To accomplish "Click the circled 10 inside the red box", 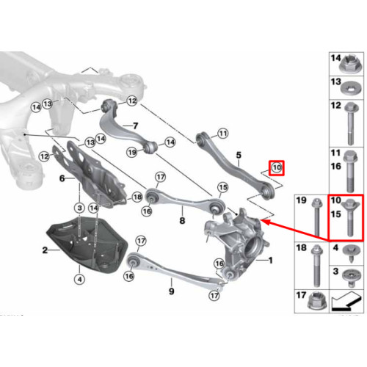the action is pyautogui.click(x=277, y=168).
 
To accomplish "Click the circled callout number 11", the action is pyautogui.click(x=222, y=134).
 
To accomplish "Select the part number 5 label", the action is pyautogui.click(x=239, y=155).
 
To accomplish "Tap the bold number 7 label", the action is pyautogui.click(x=135, y=126).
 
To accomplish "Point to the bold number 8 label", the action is pyautogui.click(x=182, y=220).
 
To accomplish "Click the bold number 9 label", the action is pyautogui.click(x=172, y=291).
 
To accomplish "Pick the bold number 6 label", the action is pyautogui.click(x=62, y=178).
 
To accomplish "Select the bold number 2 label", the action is pyautogui.click(x=45, y=250).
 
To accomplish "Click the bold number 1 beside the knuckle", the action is pyautogui.click(x=270, y=261).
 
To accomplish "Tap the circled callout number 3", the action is pyautogui.click(x=80, y=208).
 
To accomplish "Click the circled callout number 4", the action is pyautogui.click(x=80, y=279).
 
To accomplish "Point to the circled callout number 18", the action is pyautogui.click(x=137, y=197).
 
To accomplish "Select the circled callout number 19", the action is pyautogui.click(x=132, y=153).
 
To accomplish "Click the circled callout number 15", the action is pyautogui.click(x=222, y=188).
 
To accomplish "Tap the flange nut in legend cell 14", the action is pyautogui.click(x=349, y=65).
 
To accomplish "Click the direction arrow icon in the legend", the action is pyautogui.click(x=346, y=301).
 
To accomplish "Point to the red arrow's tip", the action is pyautogui.click(x=261, y=221).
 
